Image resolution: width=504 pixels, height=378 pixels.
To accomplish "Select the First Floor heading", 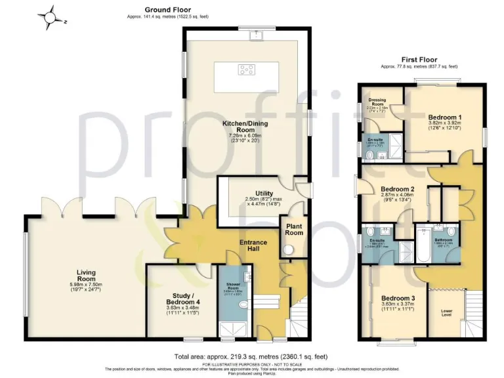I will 419,60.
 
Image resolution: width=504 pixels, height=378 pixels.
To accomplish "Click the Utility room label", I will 255,194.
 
